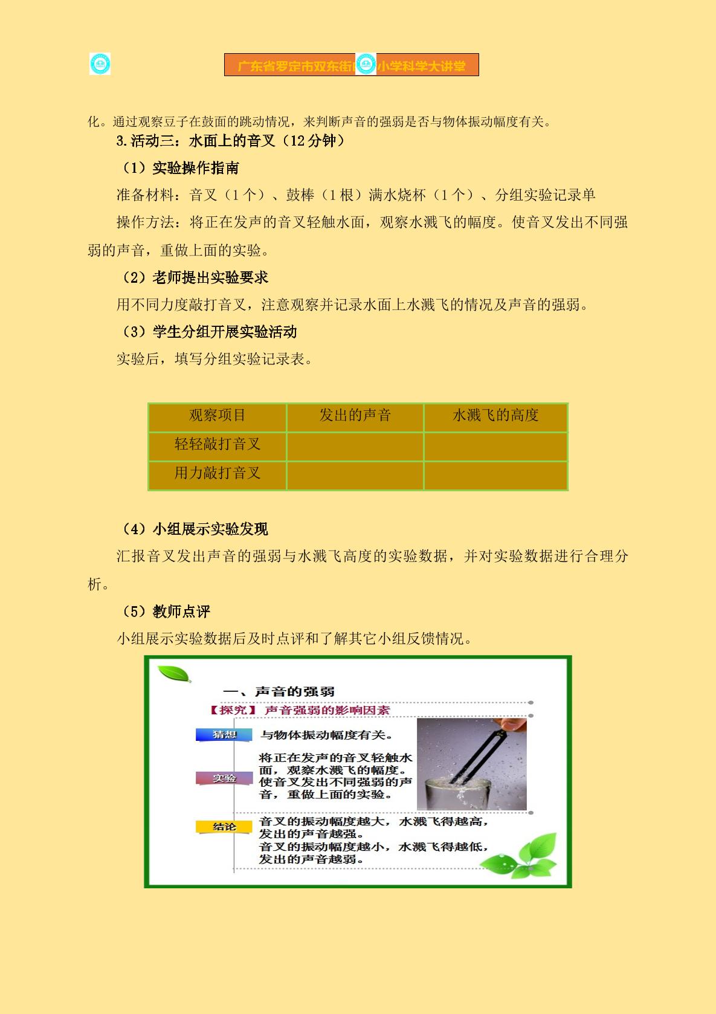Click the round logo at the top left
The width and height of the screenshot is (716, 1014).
pos(100,64)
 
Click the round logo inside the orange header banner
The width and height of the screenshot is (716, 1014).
pos(366,64)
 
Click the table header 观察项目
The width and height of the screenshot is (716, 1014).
pos(218,415)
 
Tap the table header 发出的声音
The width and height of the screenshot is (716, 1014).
pos(355,415)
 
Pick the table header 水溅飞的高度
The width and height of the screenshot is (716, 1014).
pos(495,415)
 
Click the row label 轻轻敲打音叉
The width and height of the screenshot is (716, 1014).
pos(218,444)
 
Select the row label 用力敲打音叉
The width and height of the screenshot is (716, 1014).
pos(218,473)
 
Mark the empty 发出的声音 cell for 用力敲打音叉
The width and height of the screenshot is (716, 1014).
pos(355,476)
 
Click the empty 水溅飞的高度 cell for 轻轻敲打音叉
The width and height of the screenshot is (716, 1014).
pos(495,447)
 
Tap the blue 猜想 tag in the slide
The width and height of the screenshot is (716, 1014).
pos(224,735)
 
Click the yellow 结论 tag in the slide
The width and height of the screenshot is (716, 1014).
pos(224,827)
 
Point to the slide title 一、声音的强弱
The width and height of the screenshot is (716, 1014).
pos(279,692)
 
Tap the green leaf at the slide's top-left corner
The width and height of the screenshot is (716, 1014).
pos(174,674)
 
